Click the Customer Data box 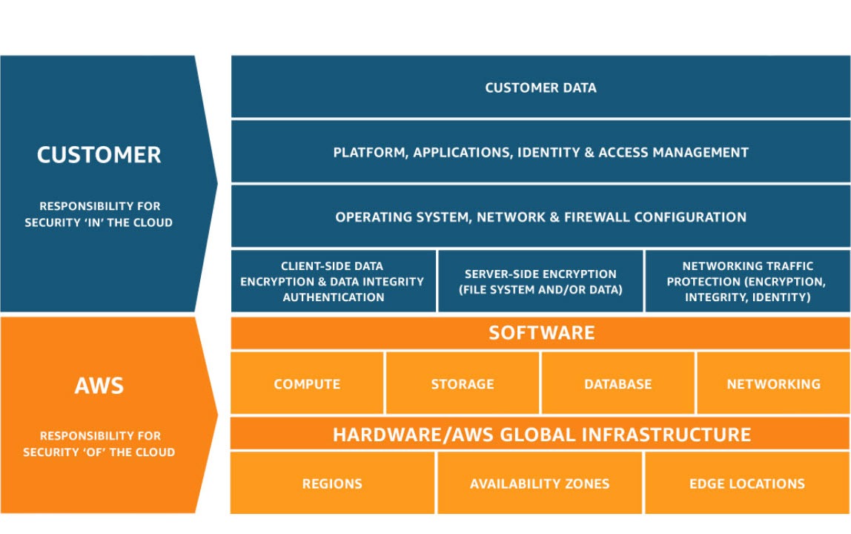540,88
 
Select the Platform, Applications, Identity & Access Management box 540,152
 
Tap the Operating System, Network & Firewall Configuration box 540,217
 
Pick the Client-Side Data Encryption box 333,281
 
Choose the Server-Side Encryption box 540,282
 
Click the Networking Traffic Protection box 747,281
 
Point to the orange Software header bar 540,332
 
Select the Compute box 307,383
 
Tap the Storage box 463,383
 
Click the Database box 617,383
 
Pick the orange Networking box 773,383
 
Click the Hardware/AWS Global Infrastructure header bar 540,434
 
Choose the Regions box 332,484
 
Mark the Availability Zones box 540,484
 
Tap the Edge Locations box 746,484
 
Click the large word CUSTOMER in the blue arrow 99,155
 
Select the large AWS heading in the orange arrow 99,386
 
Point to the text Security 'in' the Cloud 99,222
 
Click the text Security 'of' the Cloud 99,452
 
